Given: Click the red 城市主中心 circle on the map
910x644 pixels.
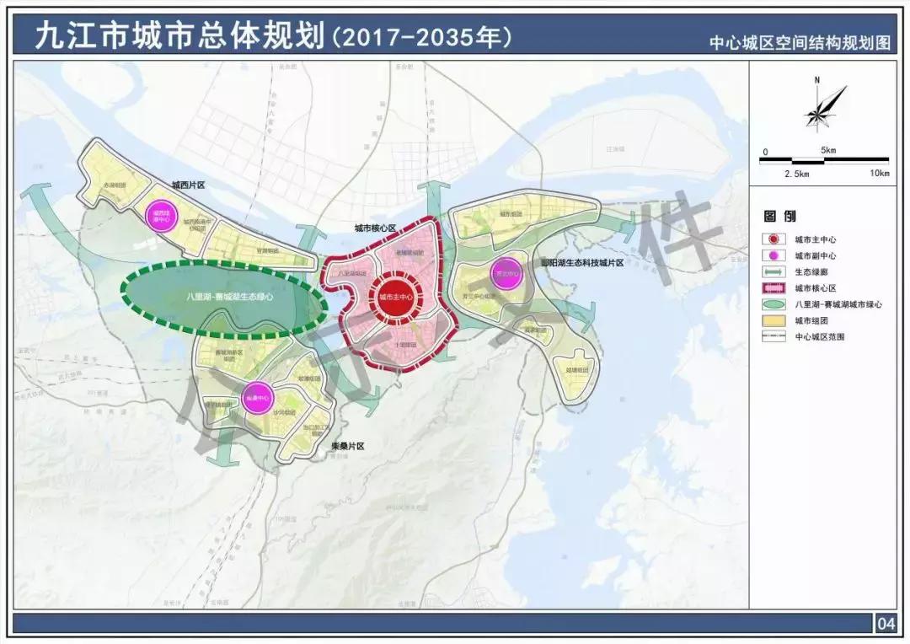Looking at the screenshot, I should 396,297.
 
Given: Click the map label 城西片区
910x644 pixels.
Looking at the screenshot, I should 188,184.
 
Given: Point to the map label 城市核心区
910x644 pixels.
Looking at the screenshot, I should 375,228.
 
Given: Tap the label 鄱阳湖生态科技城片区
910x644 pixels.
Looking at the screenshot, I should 581,264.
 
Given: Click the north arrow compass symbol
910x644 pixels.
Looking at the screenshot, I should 817,106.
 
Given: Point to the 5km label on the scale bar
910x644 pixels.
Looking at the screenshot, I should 827,151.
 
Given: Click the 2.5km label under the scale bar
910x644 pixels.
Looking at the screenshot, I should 795,174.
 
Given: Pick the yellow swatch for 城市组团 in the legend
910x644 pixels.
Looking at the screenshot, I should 773,320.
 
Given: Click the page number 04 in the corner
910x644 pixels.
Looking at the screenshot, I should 886,625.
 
